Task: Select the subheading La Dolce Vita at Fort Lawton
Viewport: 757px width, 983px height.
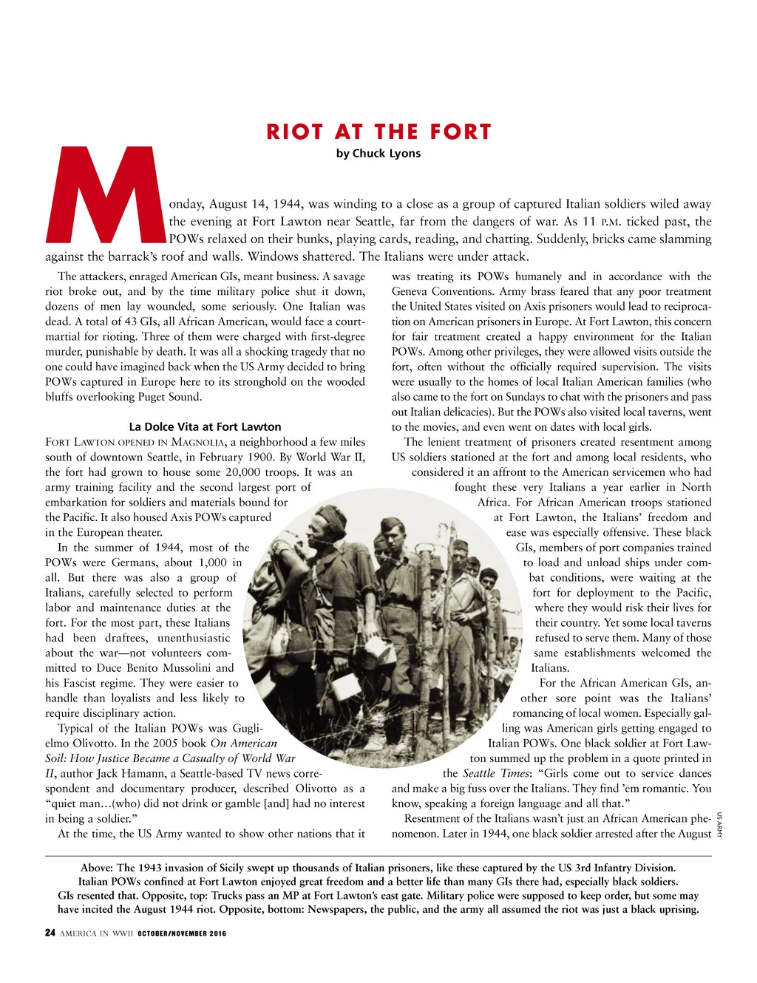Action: pos(205,426)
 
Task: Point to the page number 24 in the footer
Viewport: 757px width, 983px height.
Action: pos(50,933)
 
